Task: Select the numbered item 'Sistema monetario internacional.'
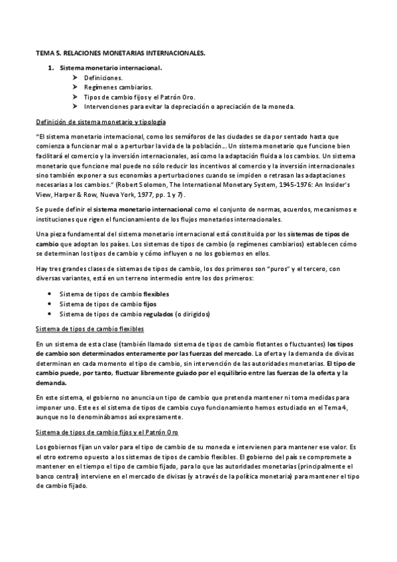[x=111, y=68]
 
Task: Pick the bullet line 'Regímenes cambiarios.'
[x=118, y=87]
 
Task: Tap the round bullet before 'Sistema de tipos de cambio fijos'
[x=52, y=303]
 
